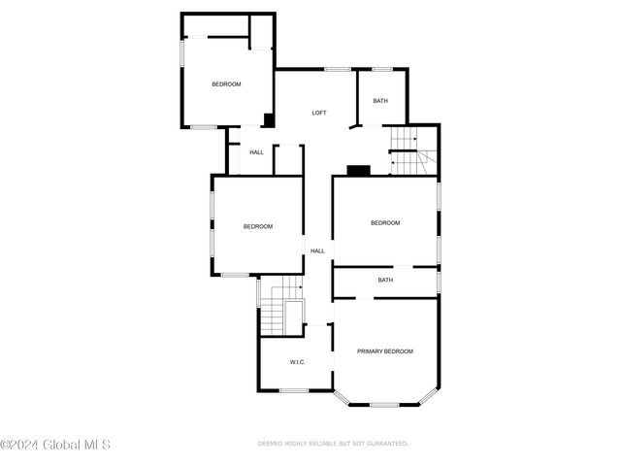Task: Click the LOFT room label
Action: point(319,113)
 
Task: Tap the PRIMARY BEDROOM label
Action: point(385,351)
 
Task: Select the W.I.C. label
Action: point(297,362)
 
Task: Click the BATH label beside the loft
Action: point(380,101)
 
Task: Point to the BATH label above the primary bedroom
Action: point(385,281)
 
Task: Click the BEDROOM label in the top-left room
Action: point(226,84)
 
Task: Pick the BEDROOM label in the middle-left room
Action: point(258,226)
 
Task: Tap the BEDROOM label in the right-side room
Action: point(385,223)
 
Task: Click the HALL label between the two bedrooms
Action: point(317,250)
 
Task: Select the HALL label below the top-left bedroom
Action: point(256,152)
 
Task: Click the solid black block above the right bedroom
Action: point(358,171)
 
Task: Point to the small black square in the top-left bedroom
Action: point(269,120)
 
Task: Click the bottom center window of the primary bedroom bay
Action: point(384,405)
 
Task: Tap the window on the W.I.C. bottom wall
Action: point(294,390)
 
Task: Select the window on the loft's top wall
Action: point(338,69)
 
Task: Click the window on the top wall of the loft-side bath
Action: point(382,69)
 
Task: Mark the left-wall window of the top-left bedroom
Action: point(182,52)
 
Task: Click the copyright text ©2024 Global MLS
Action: point(55,445)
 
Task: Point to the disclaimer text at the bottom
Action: point(333,444)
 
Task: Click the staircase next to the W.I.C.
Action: point(282,306)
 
